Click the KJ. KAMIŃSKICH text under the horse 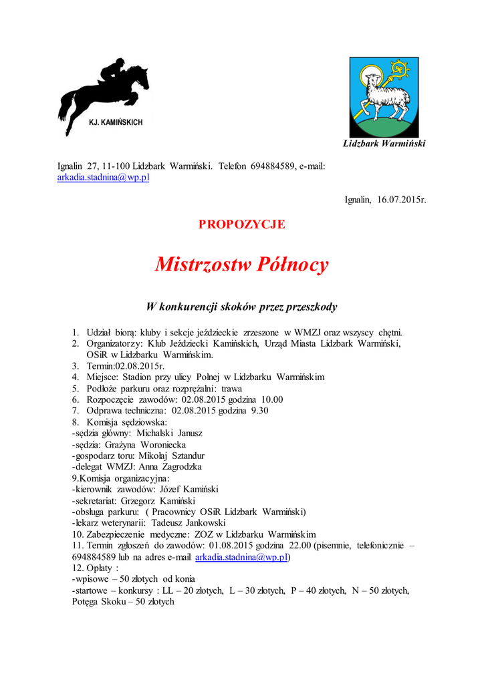(x=116, y=123)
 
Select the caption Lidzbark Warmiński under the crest (x=384, y=144)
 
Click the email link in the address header (x=103, y=177)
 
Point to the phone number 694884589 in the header (x=273, y=166)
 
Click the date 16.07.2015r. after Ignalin (x=402, y=199)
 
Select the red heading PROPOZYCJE (x=242, y=224)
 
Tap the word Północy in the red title (x=291, y=265)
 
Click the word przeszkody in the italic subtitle (x=312, y=307)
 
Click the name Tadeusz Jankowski (x=188, y=522)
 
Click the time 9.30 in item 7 (x=259, y=411)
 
